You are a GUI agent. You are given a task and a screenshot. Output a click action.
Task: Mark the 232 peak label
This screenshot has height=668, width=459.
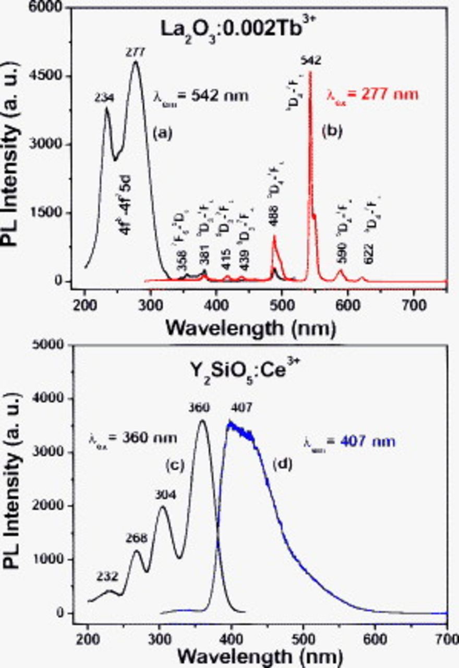(108, 577)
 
